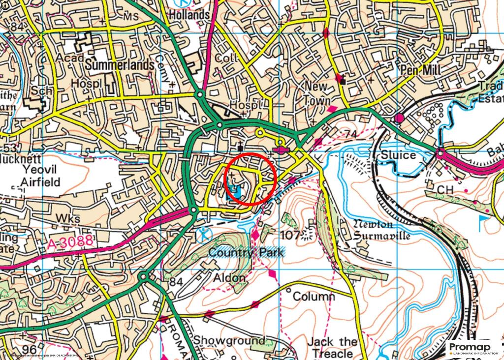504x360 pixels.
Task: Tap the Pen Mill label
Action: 421,70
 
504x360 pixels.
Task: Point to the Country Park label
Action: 246,252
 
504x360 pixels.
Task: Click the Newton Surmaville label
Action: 381,230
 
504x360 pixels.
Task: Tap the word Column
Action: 314,297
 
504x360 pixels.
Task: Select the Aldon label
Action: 229,278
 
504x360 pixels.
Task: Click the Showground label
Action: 228,340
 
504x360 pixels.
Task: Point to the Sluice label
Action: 399,155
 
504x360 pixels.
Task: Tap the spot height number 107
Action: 290,235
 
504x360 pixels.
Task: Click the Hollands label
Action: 189,15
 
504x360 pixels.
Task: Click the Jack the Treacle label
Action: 332,347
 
